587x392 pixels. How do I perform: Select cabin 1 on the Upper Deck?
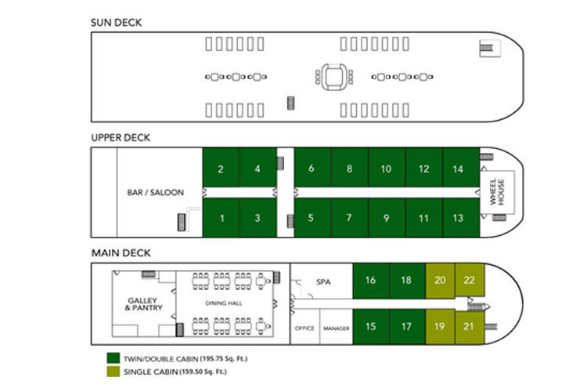(221, 218)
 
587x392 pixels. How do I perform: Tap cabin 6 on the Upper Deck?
(312, 169)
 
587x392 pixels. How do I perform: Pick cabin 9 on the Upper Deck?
(386, 218)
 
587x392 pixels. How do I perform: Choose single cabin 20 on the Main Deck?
(440, 280)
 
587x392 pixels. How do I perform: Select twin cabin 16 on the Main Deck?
(371, 280)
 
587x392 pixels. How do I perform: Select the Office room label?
(304, 328)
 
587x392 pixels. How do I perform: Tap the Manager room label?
(336, 328)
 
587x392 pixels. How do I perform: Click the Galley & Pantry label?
(142, 303)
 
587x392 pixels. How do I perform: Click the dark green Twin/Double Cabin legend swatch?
(113, 358)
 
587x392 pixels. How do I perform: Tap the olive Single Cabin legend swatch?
(113, 371)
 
